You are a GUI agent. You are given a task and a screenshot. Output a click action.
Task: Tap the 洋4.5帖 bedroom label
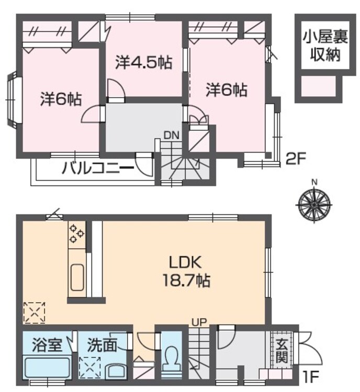(x=144, y=62)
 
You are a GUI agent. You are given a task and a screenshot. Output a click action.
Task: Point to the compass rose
(x=314, y=205)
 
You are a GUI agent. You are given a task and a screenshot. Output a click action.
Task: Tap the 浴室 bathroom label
(x=47, y=345)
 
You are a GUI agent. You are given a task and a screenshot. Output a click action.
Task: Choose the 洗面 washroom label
(x=102, y=345)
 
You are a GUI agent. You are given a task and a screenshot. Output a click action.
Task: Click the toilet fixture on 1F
(x=171, y=358)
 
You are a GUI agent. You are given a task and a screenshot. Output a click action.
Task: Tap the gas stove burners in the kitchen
(x=76, y=234)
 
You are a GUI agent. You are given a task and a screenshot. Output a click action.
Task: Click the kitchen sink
(x=76, y=277)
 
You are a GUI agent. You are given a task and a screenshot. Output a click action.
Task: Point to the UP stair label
(x=199, y=322)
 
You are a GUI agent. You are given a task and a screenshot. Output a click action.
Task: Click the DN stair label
(x=172, y=135)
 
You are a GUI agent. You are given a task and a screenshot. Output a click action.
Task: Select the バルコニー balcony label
(x=98, y=168)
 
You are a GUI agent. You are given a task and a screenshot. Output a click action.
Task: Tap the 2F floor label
(x=296, y=159)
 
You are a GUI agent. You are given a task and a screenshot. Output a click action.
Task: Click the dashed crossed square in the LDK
(x=35, y=313)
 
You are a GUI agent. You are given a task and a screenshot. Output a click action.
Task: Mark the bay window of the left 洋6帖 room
(x=12, y=100)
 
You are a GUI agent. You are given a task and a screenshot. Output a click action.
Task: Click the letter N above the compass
(x=314, y=182)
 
